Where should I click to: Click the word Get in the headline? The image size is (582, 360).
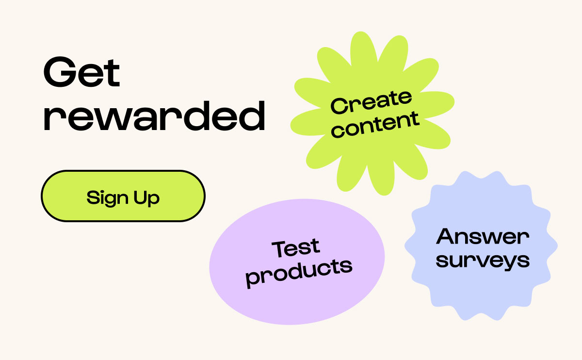coord(81,72)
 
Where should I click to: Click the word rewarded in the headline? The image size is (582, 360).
coord(155,116)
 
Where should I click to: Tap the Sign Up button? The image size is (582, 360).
coord(123,196)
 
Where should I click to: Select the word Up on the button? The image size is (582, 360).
coord(146,198)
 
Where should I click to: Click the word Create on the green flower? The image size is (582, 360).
coord(372,102)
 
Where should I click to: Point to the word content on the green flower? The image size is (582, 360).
coord(375,125)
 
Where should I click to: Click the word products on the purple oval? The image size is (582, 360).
coord(299,273)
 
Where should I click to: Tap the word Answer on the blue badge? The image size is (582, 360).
coord(483,236)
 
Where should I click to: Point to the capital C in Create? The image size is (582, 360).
coord(339,106)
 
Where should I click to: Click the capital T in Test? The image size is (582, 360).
coord(279,249)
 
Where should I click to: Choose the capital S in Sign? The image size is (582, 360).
coord(93,197)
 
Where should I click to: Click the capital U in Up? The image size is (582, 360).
coord(140,197)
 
